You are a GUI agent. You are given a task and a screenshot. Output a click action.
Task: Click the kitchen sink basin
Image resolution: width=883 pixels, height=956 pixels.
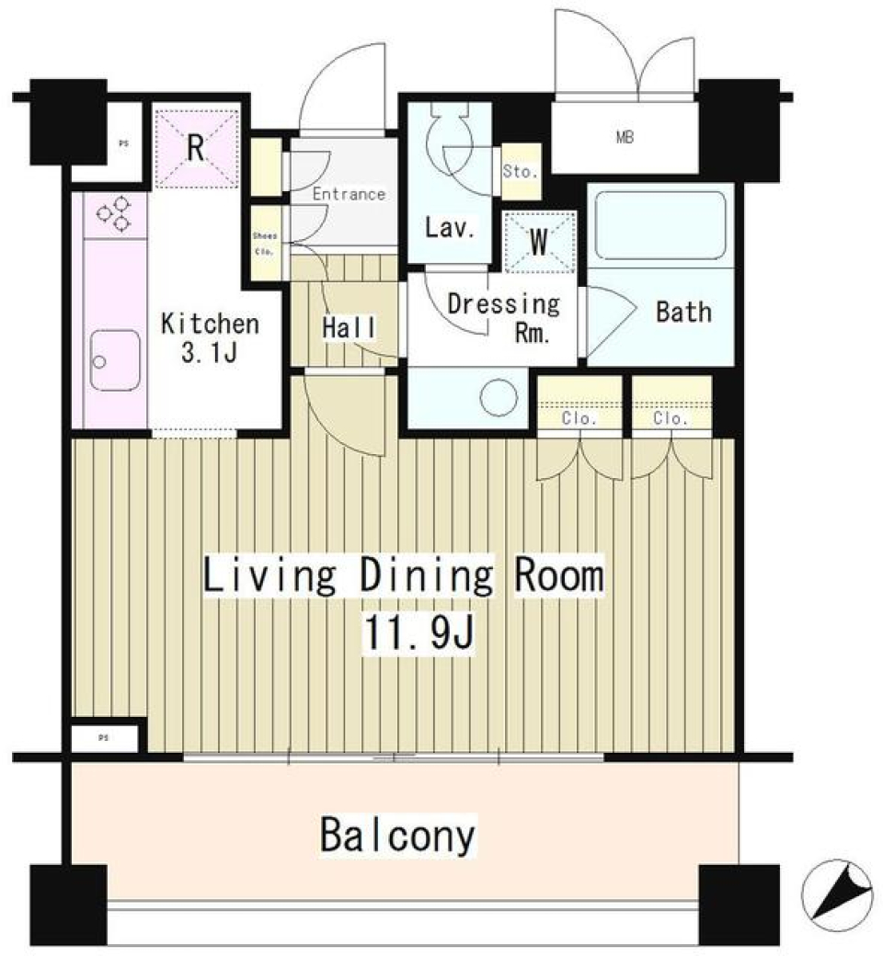click(x=116, y=361)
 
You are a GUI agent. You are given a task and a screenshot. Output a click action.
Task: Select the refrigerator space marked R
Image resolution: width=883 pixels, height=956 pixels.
click(x=195, y=148)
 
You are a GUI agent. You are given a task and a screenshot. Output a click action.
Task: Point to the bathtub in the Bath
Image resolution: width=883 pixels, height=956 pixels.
click(x=661, y=224)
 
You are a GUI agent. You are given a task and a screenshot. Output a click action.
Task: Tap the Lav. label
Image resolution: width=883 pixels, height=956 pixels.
click(x=450, y=228)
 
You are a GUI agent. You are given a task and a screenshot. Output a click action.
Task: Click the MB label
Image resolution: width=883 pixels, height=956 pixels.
click(x=625, y=139)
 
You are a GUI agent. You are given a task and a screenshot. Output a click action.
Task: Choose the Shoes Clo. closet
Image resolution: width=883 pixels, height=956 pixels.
click(x=265, y=243)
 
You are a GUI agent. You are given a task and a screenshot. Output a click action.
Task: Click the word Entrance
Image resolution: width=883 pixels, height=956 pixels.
click(x=348, y=194)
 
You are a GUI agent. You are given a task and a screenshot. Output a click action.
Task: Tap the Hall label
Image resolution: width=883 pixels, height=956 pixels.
click(x=348, y=326)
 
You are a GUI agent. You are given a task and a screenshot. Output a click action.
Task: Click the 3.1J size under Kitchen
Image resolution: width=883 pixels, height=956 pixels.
click(x=210, y=353)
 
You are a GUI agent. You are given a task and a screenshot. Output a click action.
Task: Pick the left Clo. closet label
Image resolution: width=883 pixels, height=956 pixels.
click(x=579, y=418)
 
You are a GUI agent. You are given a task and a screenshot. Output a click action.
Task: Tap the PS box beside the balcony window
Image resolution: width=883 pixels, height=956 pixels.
click(x=104, y=737)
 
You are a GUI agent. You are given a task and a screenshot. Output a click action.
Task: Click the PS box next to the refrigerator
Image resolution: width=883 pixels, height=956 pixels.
click(x=122, y=143)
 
